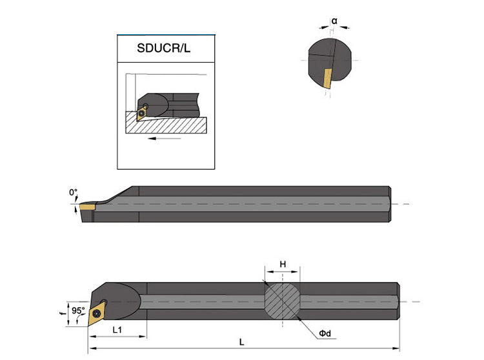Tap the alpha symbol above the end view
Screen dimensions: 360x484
(x=334, y=21)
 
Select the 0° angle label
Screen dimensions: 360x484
(x=73, y=192)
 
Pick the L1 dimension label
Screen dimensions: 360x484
(x=118, y=330)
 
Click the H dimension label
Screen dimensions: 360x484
(x=282, y=265)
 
